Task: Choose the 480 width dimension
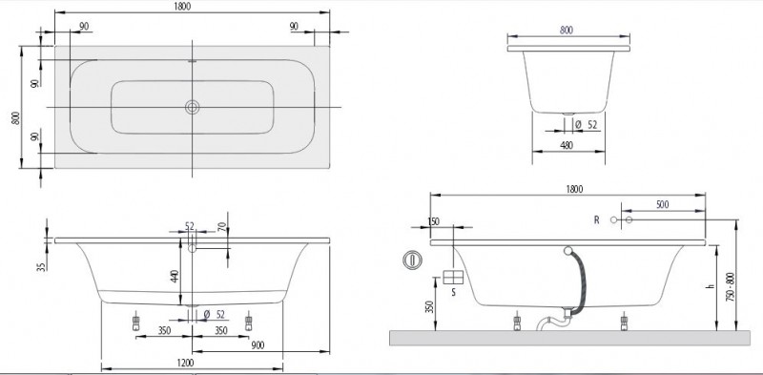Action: click(x=567, y=146)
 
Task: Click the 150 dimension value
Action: click(x=435, y=221)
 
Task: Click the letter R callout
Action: click(x=597, y=220)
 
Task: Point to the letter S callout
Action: click(x=454, y=292)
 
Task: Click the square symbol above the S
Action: click(x=454, y=277)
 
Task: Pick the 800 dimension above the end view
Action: click(x=567, y=30)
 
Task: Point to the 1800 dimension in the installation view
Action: click(x=573, y=188)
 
